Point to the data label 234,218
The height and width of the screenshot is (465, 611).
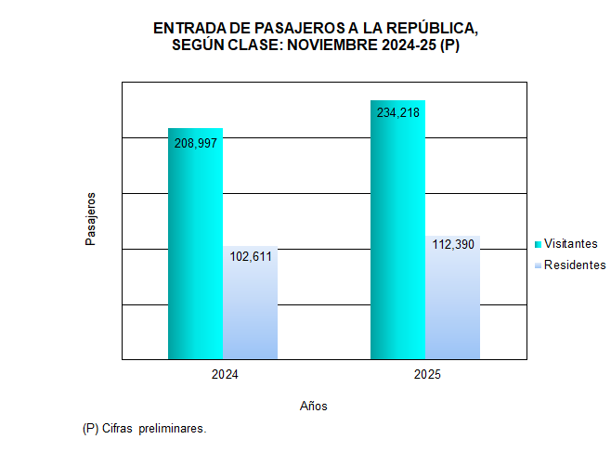(x=397, y=113)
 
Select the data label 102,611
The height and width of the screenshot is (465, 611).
(x=250, y=257)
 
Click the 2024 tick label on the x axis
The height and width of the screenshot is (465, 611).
(x=224, y=375)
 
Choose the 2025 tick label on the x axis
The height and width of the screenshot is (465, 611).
(x=426, y=375)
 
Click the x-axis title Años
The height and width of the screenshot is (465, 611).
(x=314, y=406)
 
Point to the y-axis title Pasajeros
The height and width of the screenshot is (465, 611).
(x=91, y=219)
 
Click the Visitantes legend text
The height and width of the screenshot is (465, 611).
(x=570, y=244)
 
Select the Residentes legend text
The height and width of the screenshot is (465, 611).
(x=574, y=265)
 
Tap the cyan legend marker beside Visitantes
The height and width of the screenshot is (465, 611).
(x=538, y=244)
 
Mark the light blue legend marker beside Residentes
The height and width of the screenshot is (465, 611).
(x=538, y=266)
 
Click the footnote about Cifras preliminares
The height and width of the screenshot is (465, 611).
(x=144, y=429)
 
